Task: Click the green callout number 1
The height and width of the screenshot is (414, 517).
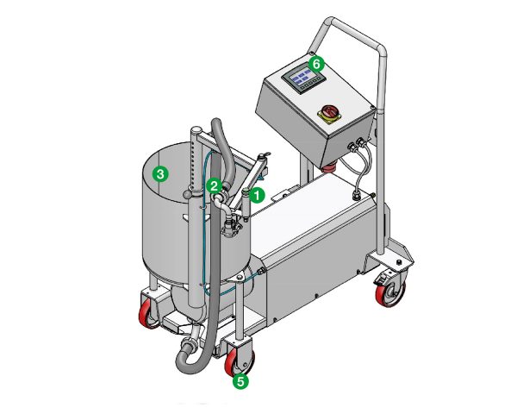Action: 256,196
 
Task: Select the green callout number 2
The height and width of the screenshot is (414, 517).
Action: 215,183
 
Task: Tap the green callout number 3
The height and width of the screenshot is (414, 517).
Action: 159,173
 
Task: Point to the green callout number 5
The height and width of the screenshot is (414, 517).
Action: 241,378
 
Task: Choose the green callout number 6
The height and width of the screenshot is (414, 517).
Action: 315,64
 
